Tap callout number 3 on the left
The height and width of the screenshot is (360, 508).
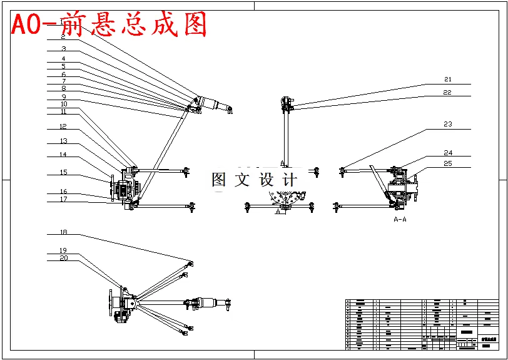point(63,48)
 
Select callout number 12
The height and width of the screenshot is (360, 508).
point(63,126)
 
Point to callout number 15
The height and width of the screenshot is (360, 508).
point(63,172)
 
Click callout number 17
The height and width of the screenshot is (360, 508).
point(63,199)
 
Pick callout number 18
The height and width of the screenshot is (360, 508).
point(63,232)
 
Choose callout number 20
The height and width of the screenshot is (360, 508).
point(63,257)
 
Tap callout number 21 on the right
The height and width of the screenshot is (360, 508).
point(447,80)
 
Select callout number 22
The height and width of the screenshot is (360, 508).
point(447,92)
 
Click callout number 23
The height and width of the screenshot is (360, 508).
point(447,124)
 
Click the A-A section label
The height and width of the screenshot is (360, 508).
point(400,219)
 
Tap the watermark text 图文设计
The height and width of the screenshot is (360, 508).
point(253,180)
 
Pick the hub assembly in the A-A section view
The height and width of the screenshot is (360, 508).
point(401,187)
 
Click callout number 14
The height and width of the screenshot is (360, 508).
point(63,154)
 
